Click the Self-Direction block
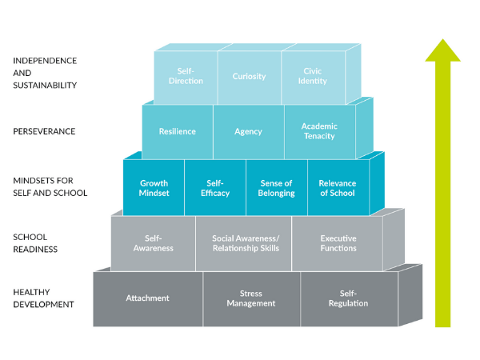coord(186,77)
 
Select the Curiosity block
coord(249,77)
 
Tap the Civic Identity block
coord(312,77)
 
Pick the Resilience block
coord(177,131)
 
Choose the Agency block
coord(248,131)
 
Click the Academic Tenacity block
coord(319,131)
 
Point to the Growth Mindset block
coord(154,188)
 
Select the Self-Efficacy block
coord(214,188)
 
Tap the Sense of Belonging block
coord(276,188)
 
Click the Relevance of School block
coord(338,188)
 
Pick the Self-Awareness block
coord(154,243)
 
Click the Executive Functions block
coord(338,243)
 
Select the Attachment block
coord(147,298)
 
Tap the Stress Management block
coord(250,298)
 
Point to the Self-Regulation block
coord(348,298)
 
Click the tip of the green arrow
coord(442,40)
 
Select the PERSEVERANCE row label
coord(44,131)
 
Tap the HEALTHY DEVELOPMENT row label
coord(44,298)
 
